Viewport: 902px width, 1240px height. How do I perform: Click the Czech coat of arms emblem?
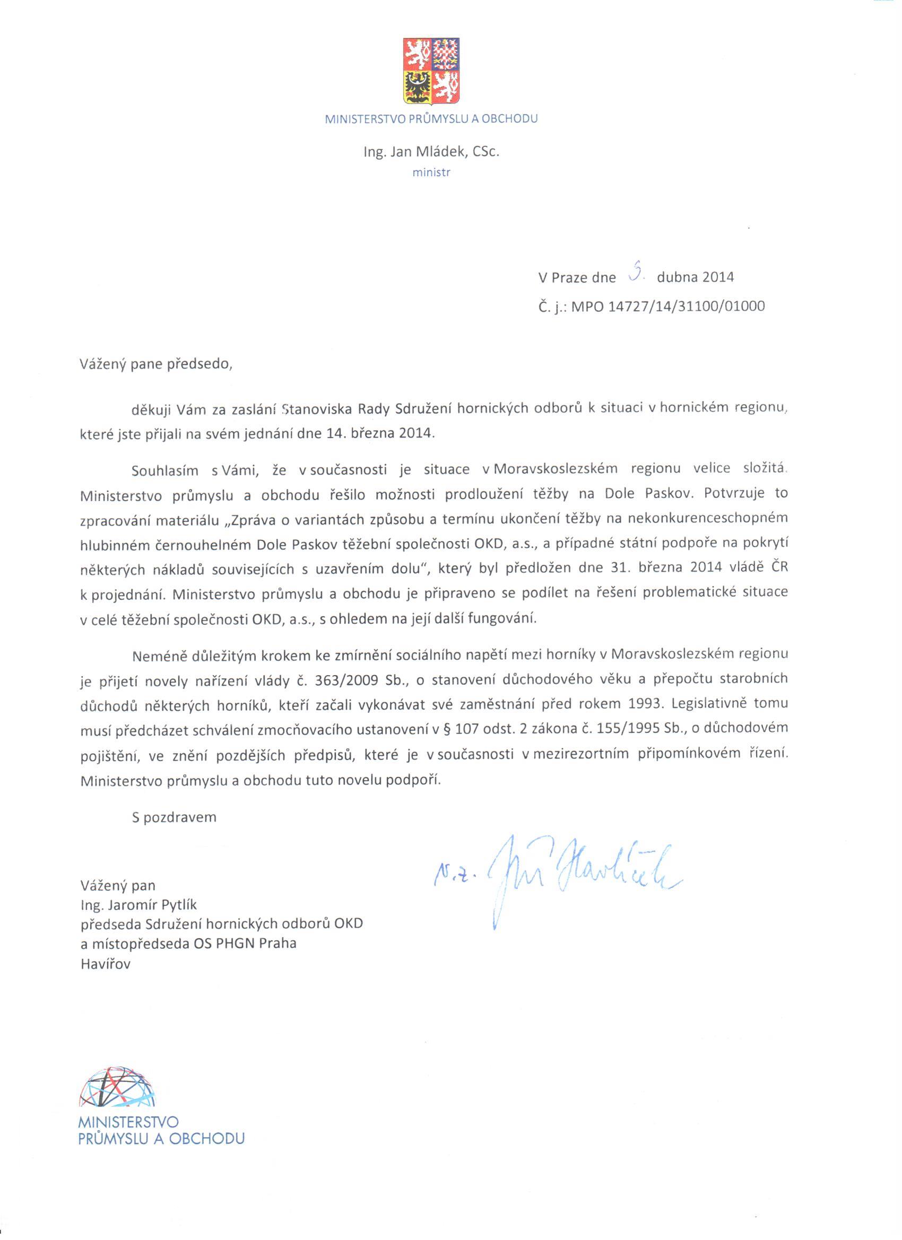point(431,71)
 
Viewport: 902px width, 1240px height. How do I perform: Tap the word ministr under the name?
point(431,173)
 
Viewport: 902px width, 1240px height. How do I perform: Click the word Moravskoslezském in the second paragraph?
point(555,468)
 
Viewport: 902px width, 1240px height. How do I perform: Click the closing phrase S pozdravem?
point(174,817)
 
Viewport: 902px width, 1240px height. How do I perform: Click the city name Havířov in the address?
point(106,964)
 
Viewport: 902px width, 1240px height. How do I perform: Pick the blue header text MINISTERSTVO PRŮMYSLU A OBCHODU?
point(431,119)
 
